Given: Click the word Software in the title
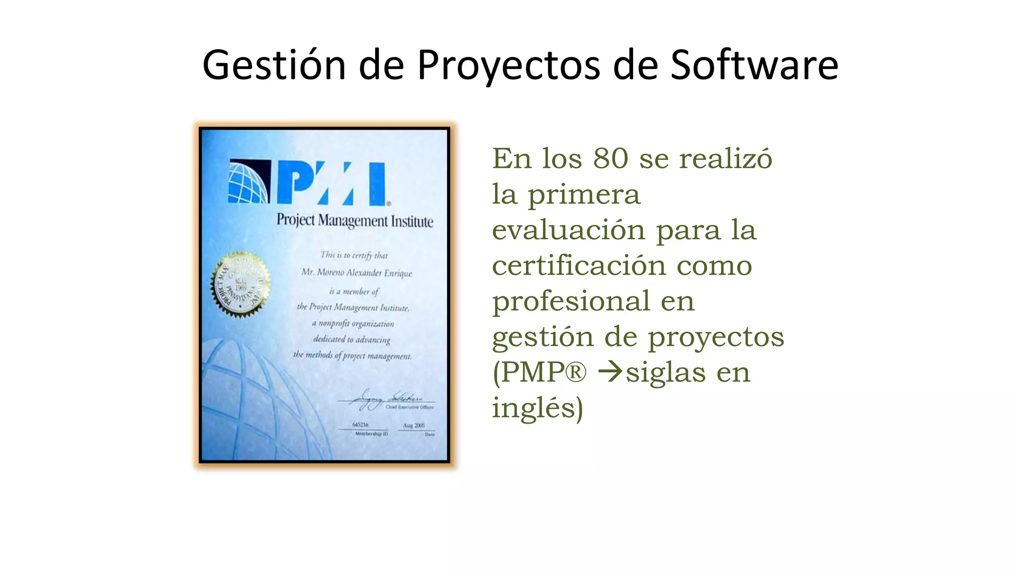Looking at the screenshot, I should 754,65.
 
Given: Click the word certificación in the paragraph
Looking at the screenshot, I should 578,266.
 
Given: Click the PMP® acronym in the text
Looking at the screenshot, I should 539,372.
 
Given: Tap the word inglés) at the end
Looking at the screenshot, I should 537,408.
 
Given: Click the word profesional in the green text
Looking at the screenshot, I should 571,301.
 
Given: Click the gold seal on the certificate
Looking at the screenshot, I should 240,284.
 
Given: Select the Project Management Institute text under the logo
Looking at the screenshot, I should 355,220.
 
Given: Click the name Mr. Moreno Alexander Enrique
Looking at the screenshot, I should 357,273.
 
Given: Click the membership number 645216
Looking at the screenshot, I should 360,425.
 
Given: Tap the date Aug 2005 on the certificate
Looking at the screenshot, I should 414,426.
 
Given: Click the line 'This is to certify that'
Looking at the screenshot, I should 354,255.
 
